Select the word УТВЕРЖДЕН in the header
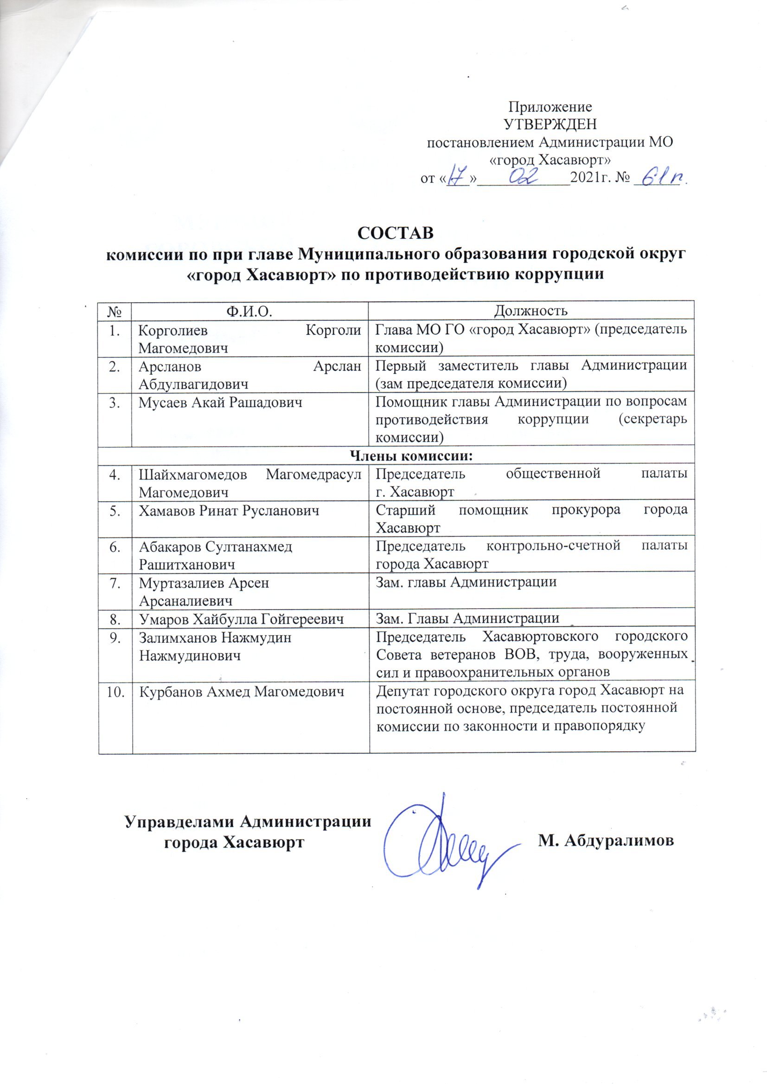[x=550, y=124]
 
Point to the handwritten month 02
[x=523, y=177]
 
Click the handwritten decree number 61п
[x=661, y=178]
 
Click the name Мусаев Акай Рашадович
[x=221, y=402]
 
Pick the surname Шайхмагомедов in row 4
[x=193, y=474]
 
